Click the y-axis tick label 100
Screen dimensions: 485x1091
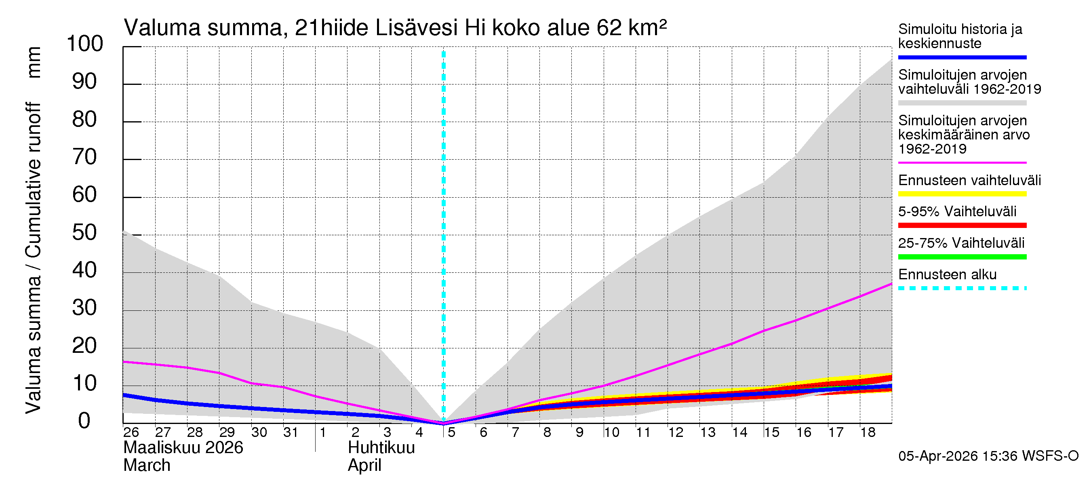click(85, 44)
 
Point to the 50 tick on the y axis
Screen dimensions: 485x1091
click(85, 232)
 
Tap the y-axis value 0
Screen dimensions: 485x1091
click(84, 421)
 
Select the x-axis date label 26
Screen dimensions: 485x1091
click(131, 432)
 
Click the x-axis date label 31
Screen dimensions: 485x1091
click(291, 432)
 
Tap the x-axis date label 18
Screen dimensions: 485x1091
click(868, 432)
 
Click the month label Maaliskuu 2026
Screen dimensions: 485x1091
click(183, 448)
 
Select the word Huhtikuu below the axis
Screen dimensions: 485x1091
click(381, 448)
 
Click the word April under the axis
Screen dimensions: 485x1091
click(364, 466)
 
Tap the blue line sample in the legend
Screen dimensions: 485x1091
click(962, 57)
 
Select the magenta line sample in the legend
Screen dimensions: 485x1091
click(962, 162)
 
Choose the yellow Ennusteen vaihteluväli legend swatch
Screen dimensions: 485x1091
click(962, 194)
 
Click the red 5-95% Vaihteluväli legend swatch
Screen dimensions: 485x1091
click(962, 226)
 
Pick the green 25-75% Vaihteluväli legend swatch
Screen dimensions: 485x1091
click(962, 257)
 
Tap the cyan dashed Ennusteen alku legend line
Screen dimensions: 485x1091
click(962, 289)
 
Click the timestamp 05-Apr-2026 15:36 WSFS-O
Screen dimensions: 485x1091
click(988, 456)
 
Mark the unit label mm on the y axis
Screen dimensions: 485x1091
click(34, 62)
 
